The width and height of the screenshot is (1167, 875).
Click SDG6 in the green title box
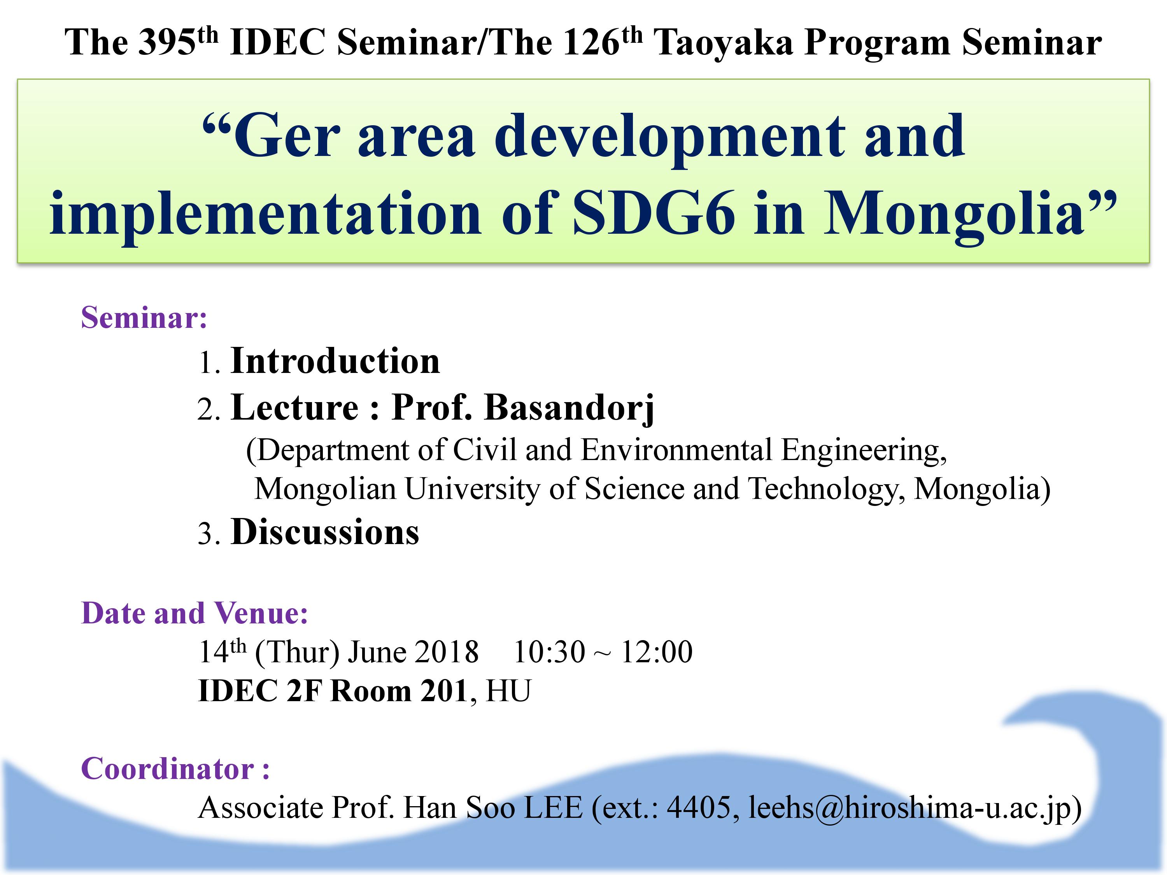[654, 213]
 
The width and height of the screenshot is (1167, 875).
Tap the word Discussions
[325, 532]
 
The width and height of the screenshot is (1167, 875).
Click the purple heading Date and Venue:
[194, 613]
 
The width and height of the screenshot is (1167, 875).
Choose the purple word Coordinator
[168, 768]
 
